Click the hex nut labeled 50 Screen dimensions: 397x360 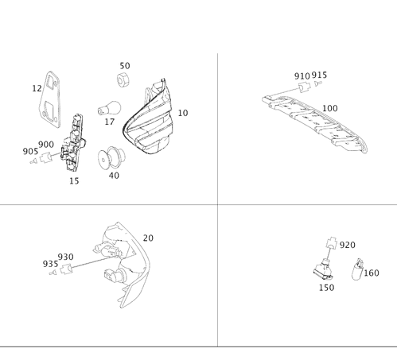pyautogui.click(x=123, y=80)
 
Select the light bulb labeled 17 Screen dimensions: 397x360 pyautogui.click(x=109, y=108)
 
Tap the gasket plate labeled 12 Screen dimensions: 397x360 pyautogui.click(x=50, y=99)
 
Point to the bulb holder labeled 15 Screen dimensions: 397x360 pyautogui.click(x=73, y=142)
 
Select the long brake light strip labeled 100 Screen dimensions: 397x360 pyautogui.click(x=315, y=123)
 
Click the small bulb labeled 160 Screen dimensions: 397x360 pyautogui.click(x=357, y=269)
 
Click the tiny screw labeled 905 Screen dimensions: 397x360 pyautogui.click(x=33, y=161)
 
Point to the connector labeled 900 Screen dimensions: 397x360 pyautogui.click(x=45, y=158)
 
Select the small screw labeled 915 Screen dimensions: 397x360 pyautogui.click(x=318, y=83)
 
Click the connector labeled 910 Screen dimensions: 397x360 pyautogui.click(x=305, y=87)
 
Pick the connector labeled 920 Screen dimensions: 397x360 pyautogui.click(x=332, y=242)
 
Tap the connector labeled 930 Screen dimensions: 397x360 pyautogui.click(x=67, y=269)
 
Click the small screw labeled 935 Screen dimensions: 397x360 pyautogui.click(x=53, y=273)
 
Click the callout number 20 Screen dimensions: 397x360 pyautogui.click(x=148, y=238)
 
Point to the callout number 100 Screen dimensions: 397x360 pyautogui.click(x=330, y=108)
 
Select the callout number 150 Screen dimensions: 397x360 pyautogui.click(x=326, y=288)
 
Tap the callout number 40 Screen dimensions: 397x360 pyautogui.click(x=114, y=176)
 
